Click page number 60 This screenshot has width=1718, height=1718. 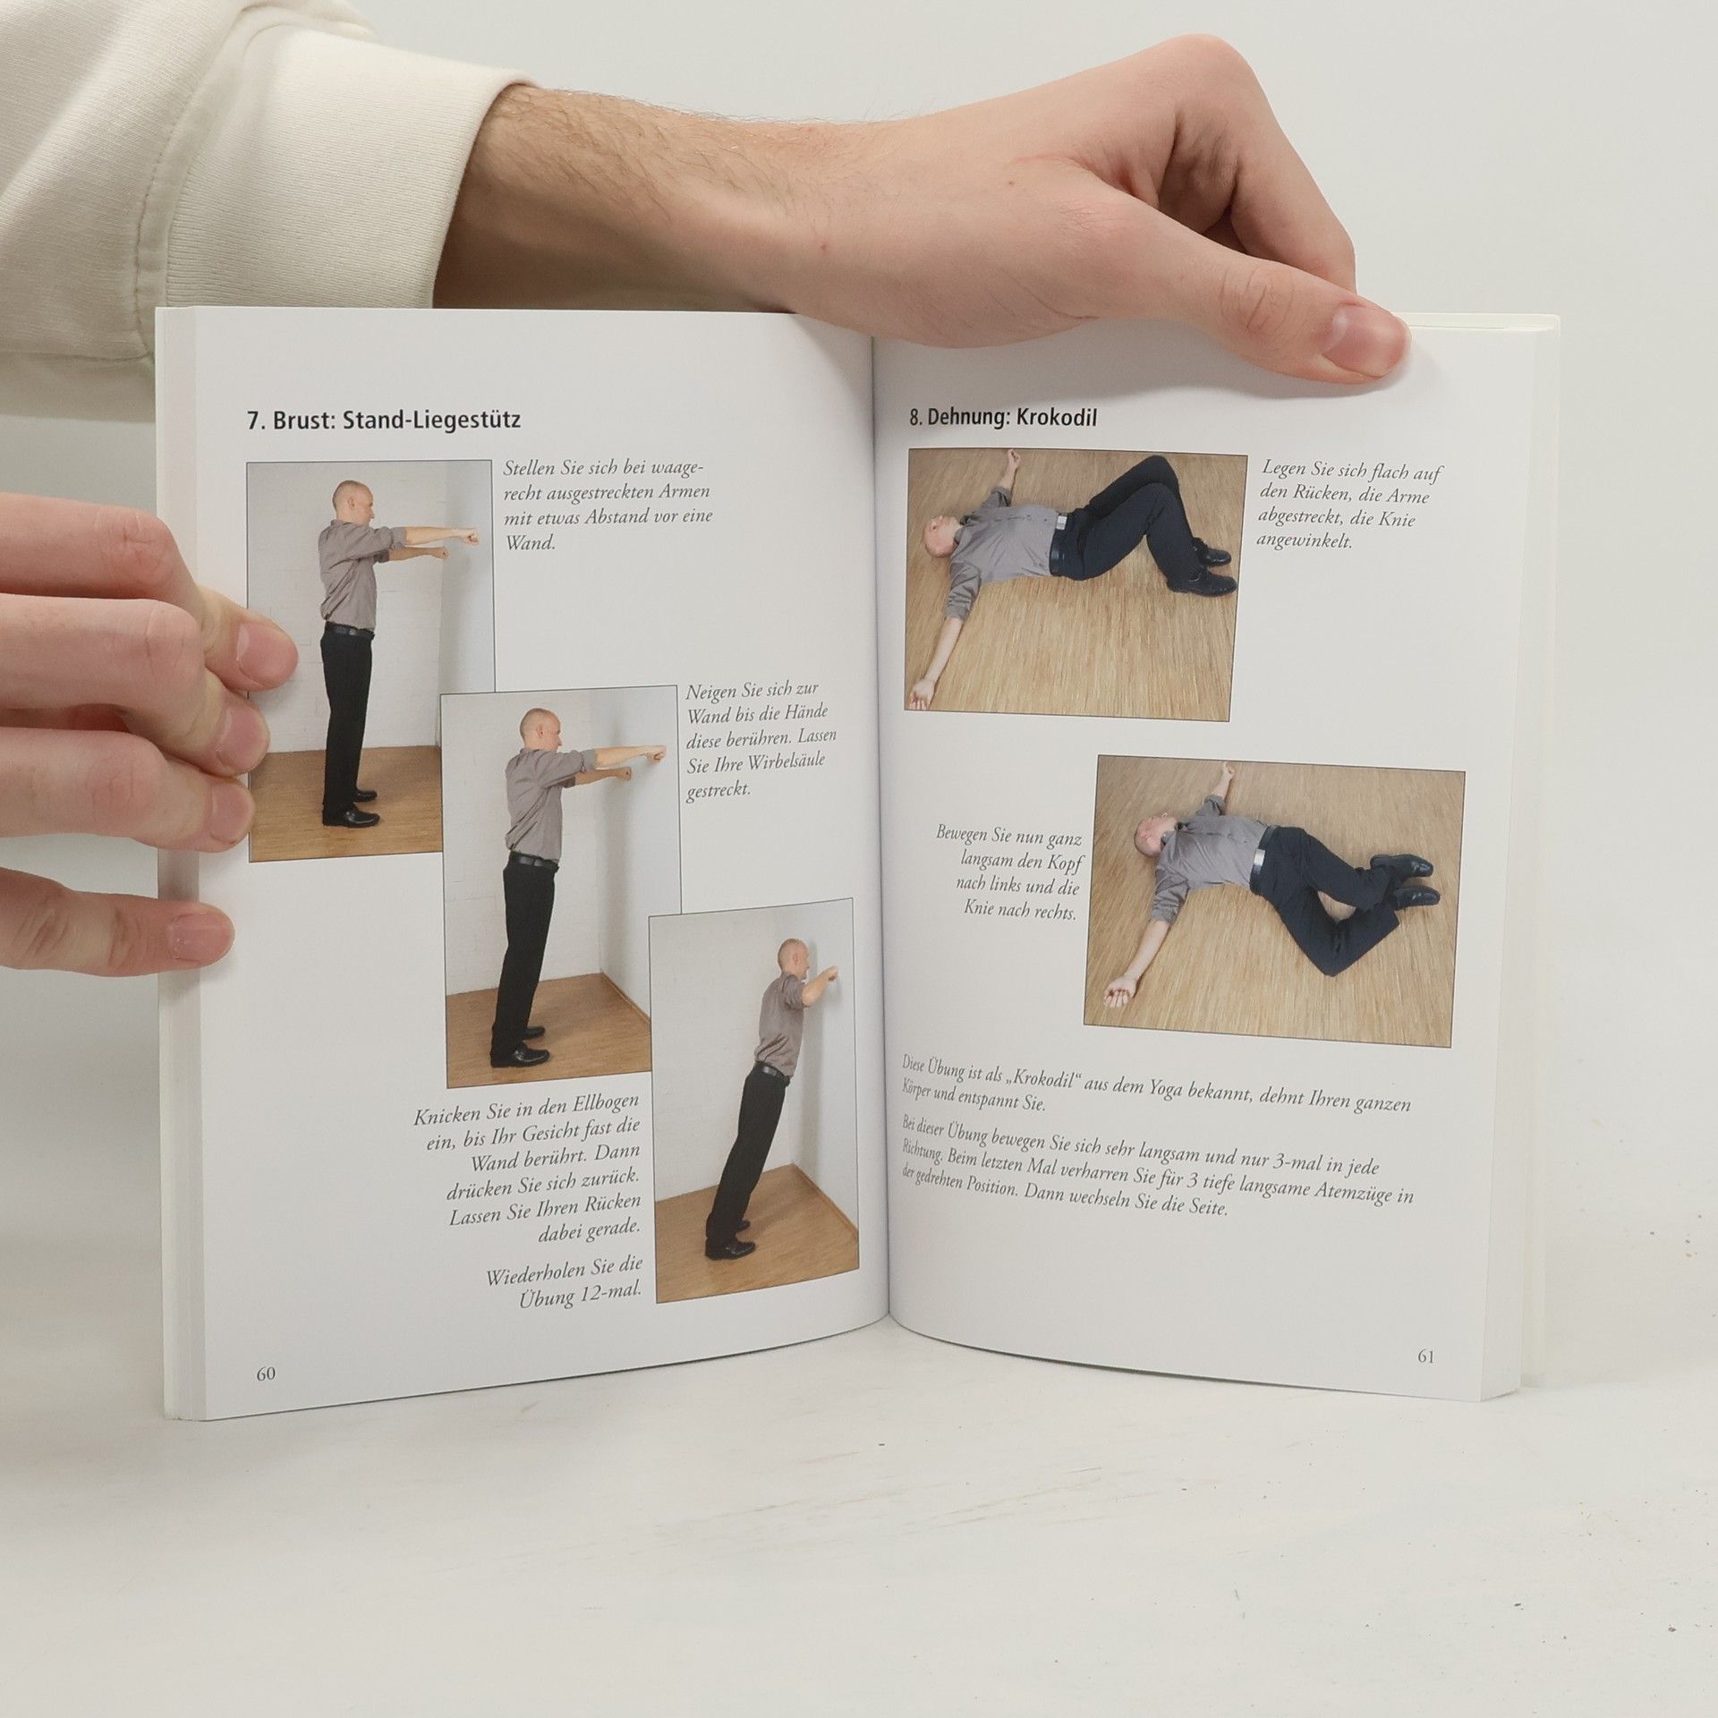point(266,1399)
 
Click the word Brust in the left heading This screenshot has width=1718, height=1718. point(301,421)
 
